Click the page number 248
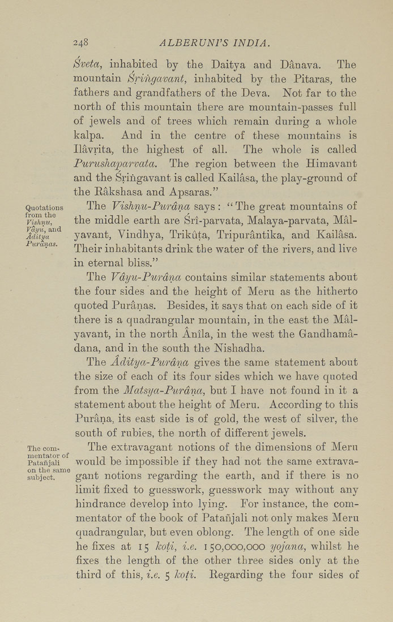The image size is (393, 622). coord(83,42)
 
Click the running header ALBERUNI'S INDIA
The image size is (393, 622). coord(215,42)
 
